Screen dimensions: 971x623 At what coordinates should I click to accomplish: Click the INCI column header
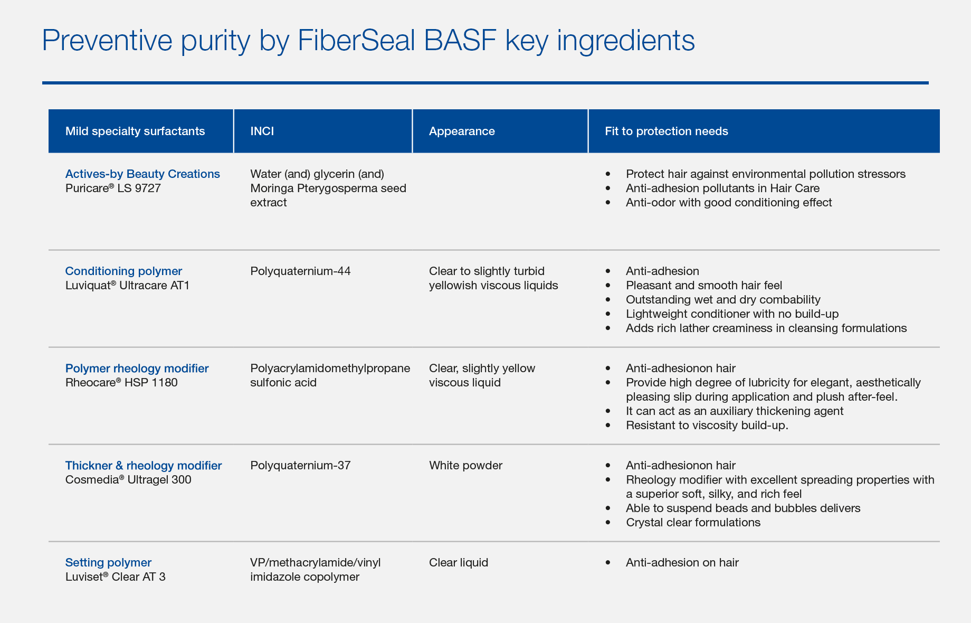coord(262,131)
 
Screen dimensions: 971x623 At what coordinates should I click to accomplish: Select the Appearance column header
coord(462,131)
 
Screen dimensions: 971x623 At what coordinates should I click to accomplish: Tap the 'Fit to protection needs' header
coord(667,131)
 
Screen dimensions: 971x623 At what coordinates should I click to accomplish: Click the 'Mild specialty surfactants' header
coord(135,131)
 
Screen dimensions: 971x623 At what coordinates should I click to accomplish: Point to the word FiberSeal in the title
coord(357,40)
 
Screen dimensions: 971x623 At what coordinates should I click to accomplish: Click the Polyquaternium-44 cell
coord(300,271)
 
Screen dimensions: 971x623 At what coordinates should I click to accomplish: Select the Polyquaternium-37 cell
coord(300,466)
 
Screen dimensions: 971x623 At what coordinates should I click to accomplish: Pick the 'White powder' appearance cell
coord(465,466)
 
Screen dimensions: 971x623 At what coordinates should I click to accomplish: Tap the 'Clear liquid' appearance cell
coord(459,563)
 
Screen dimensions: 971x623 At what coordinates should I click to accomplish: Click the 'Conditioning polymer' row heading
coord(123,271)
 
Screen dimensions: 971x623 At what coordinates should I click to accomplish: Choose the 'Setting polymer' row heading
coord(108,563)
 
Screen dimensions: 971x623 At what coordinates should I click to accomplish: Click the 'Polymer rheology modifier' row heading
coord(137,369)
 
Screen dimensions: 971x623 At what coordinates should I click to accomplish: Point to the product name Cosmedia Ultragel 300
coord(128,480)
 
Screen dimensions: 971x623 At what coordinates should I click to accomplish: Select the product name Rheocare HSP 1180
coord(121,383)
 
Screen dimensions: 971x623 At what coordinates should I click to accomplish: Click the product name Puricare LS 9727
coord(113,188)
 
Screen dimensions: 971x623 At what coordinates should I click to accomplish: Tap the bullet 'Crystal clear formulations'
coord(693,523)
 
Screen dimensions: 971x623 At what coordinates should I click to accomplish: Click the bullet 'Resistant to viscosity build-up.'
coord(707,426)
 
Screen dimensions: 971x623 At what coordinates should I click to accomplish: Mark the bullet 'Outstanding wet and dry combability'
coord(723,300)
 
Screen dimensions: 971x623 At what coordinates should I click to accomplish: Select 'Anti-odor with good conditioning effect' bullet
coord(729,203)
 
